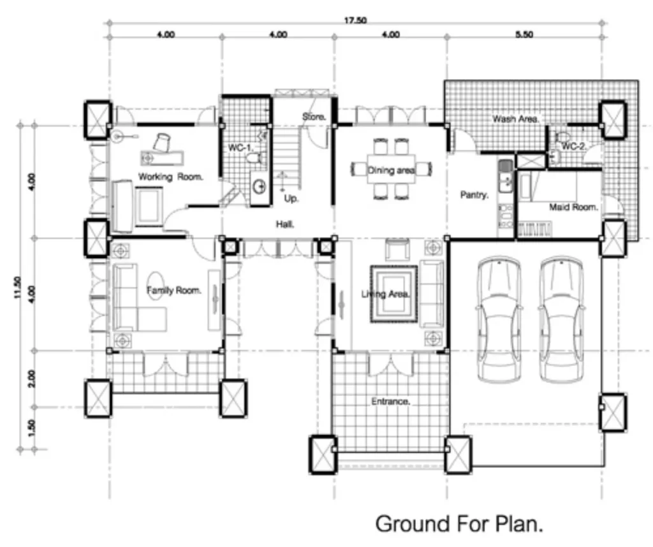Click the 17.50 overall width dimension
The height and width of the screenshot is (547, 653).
pyautogui.click(x=355, y=20)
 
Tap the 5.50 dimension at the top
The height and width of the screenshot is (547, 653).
pyautogui.click(x=524, y=34)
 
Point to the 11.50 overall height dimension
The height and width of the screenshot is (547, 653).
pyautogui.click(x=17, y=288)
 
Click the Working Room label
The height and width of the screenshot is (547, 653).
pyautogui.click(x=171, y=177)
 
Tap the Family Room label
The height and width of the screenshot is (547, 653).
pyautogui.click(x=174, y=290)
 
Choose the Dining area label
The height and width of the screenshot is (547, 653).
pyautogui.click(x=391, y=170)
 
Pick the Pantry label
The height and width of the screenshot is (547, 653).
pyautogui.click(x=474, y=194)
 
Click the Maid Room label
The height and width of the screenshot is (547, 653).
pyautogui.click(x=574, y=207)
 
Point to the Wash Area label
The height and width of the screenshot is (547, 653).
pyautogui.click(x=515, y=119)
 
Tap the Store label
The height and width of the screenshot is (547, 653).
pyautogui.click(x=314, y=117)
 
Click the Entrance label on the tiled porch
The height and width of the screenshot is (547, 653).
pyautogui.click(x=391, y=401)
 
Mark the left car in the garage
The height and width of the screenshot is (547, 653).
pyautogui.click(x=499, y=319)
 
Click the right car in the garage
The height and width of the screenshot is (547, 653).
pyautogui.click(x=561, y=319)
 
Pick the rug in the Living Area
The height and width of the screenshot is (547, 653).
pyautogui.click(x=394, y=295)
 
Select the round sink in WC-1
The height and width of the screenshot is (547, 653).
pyautogui.click(x=261, y=186)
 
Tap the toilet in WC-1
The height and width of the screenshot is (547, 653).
pyautogui.click(x=256, y=158)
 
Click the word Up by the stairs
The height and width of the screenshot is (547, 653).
pyautogui.click(x=291, y=198)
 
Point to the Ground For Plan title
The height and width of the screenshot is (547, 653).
pyautogui.click(x=459, y=523)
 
